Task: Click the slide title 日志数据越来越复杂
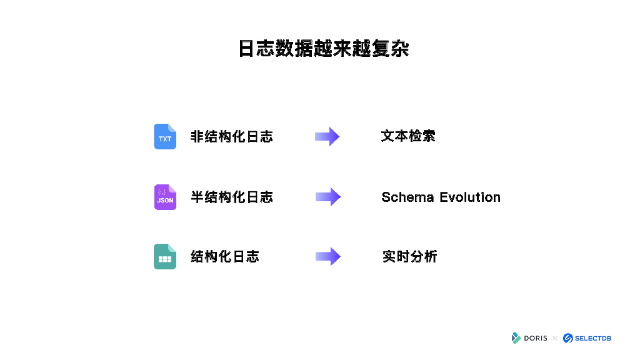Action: click(324, 49)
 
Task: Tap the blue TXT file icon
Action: click(165, 136)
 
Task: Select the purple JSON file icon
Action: click(165, 197)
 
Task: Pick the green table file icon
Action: click(165, 256)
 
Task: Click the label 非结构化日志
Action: click(231, 136)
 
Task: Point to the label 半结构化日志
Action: click(231, 197)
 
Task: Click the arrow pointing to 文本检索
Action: click(327, 136)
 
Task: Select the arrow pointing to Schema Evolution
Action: click(327, 197)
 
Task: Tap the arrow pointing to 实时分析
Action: click(327, 256)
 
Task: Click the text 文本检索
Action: click(408, 136)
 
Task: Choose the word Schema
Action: click(407, 197)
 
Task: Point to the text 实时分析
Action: click(409, 256)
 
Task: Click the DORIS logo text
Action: click(536, 338)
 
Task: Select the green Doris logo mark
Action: click(516, 338)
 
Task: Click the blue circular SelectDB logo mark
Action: click(567, 338)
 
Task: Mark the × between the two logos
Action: click(554, 338)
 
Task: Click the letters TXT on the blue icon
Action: click(165, 139)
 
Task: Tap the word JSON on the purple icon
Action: click(165, 201)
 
